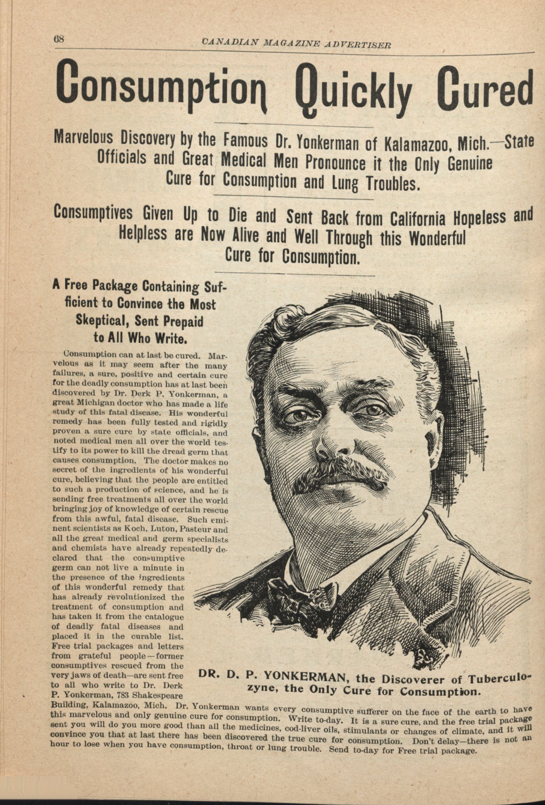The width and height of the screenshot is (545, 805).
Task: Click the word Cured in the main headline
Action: [484, 87]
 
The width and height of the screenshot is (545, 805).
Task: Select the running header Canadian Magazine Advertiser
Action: [296, 43]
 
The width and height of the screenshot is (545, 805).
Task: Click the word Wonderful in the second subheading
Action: [438, 239]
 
